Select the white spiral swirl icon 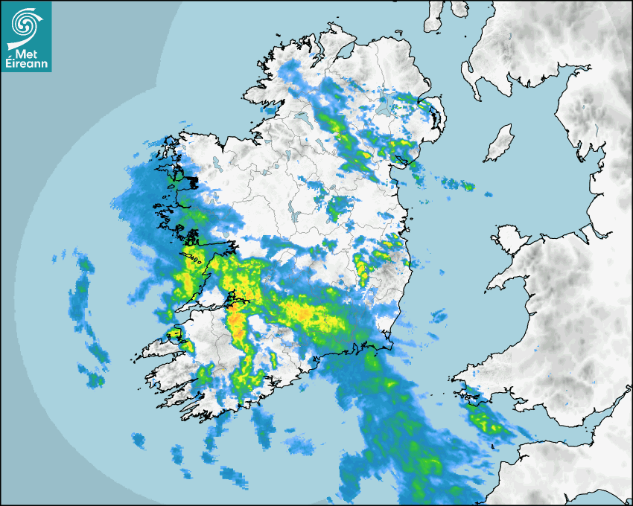(25, 27)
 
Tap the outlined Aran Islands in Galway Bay (195, 259)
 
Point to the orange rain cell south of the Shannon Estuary (238, 326)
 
